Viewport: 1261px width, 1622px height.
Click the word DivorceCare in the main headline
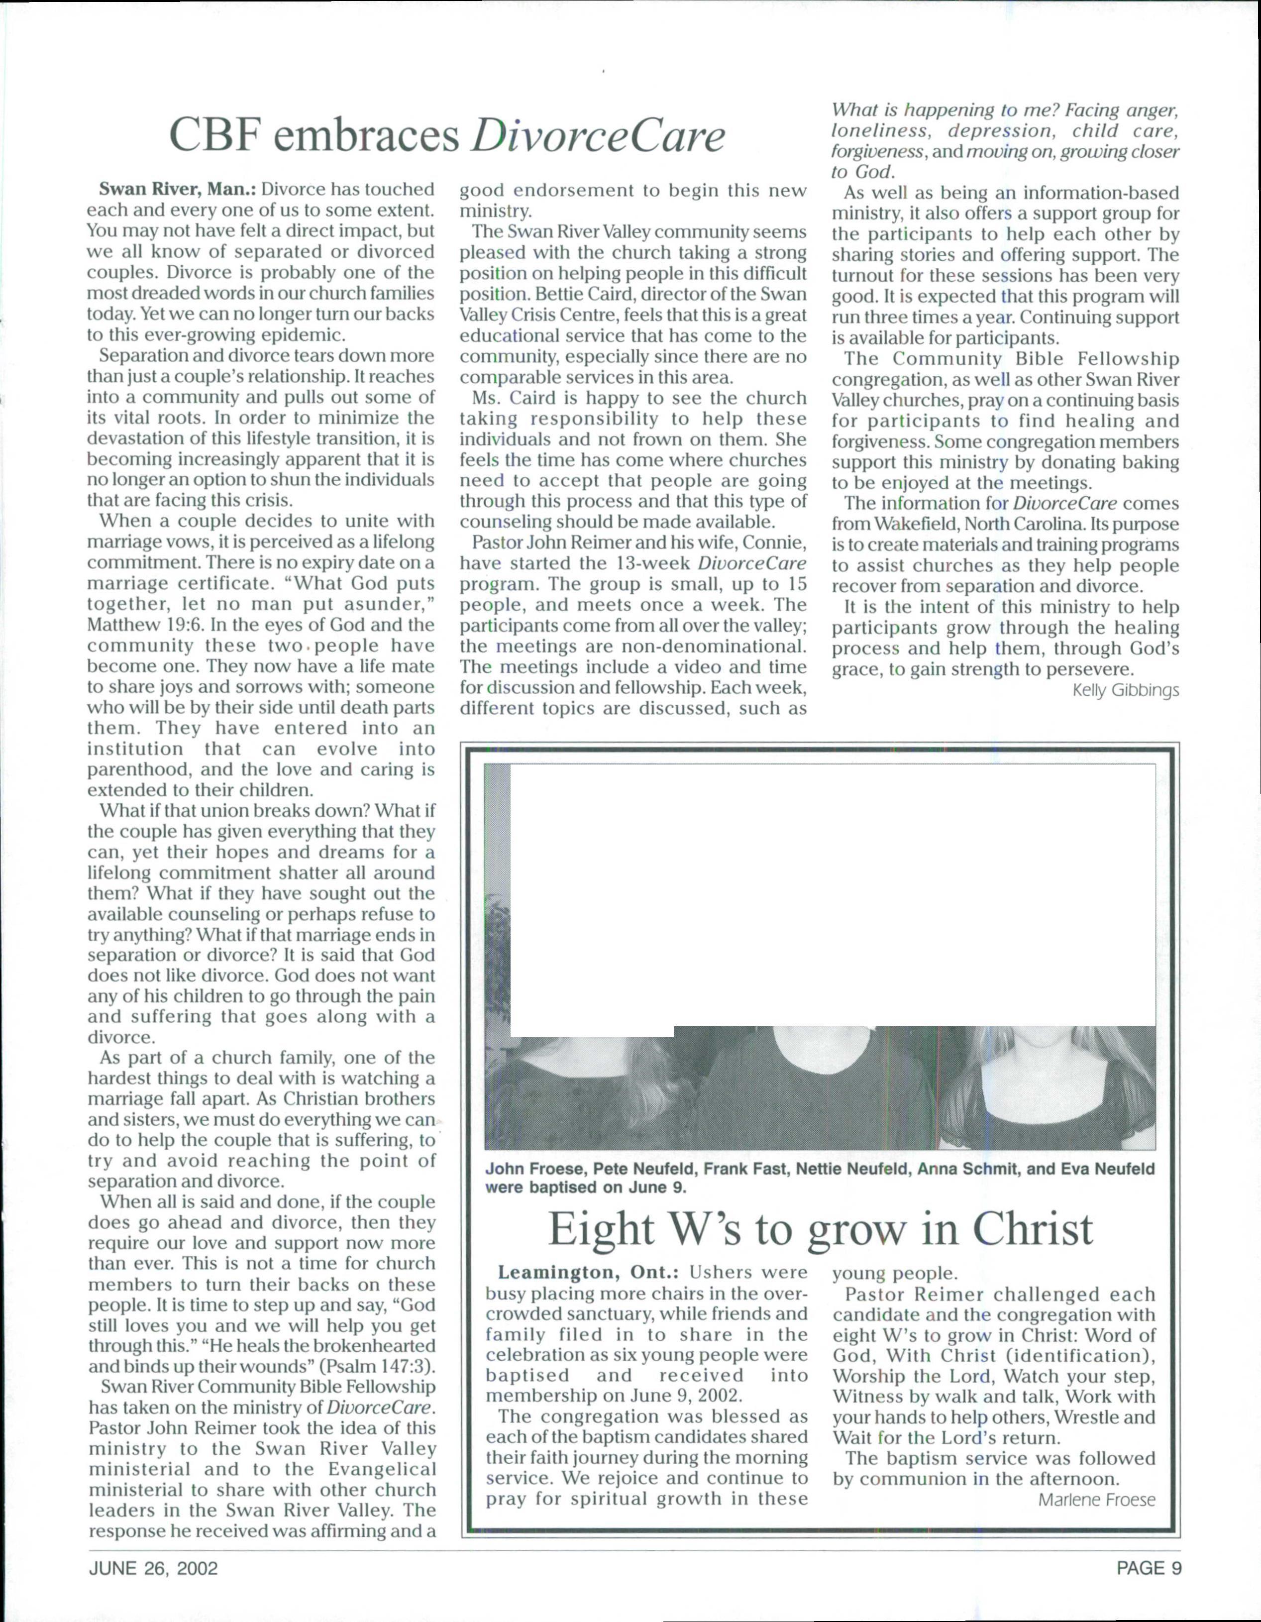(x=598, y=137)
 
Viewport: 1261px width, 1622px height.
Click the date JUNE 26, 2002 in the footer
(x=154, y=1568)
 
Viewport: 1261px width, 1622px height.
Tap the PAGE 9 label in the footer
(x=1149, y=1568)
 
